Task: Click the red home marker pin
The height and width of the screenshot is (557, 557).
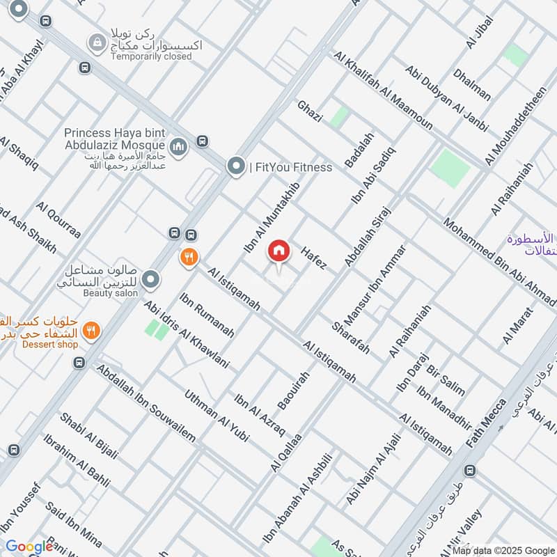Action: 278,251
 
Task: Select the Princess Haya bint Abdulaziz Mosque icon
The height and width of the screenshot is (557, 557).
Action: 178,146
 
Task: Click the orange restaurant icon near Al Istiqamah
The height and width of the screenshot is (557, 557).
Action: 187,258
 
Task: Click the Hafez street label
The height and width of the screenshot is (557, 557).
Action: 314,258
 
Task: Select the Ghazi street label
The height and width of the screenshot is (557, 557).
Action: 310,111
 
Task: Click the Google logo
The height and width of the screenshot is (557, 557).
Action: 29,547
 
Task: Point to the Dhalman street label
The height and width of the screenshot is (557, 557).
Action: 471,84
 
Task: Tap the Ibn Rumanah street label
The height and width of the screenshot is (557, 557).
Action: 206,315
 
